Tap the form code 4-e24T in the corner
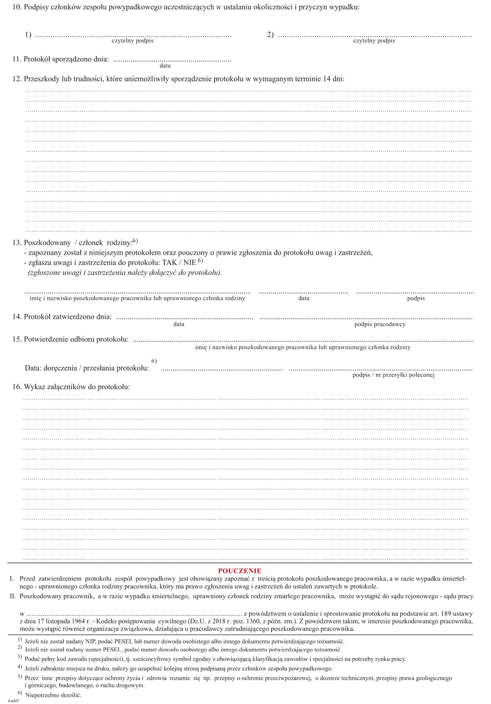tap(13, 701)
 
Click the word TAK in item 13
tap(169, 263)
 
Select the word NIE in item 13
tap(189, 263)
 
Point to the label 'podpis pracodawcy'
tap(380, 324)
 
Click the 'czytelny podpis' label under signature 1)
tap(132, 41)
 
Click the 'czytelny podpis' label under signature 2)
tap(374, 41)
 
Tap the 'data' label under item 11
tap(165, 66)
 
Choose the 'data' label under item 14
tap(179, 324)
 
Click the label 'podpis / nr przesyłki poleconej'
tap(393, 375)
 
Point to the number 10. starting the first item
tap(17, 7)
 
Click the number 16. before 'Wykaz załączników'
tap(17, 387)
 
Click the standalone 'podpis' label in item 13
tap(416, 298)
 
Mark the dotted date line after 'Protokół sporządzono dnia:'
tap(172, 60)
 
